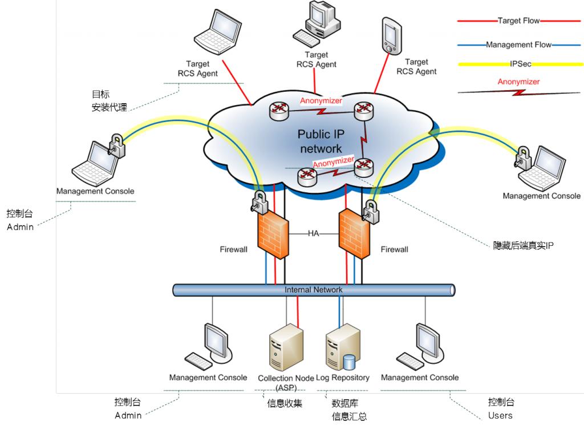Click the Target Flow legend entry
pos(518,21)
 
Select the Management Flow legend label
pos(518,44)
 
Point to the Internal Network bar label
pos(314,290)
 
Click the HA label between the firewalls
pos(314,233)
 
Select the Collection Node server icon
pos(283,347)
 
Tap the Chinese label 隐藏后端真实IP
pos(524,246)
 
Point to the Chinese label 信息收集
pos(285,403)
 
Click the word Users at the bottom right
pos(500,415)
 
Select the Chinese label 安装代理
pos(109,107)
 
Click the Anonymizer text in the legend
pos(518,82)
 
